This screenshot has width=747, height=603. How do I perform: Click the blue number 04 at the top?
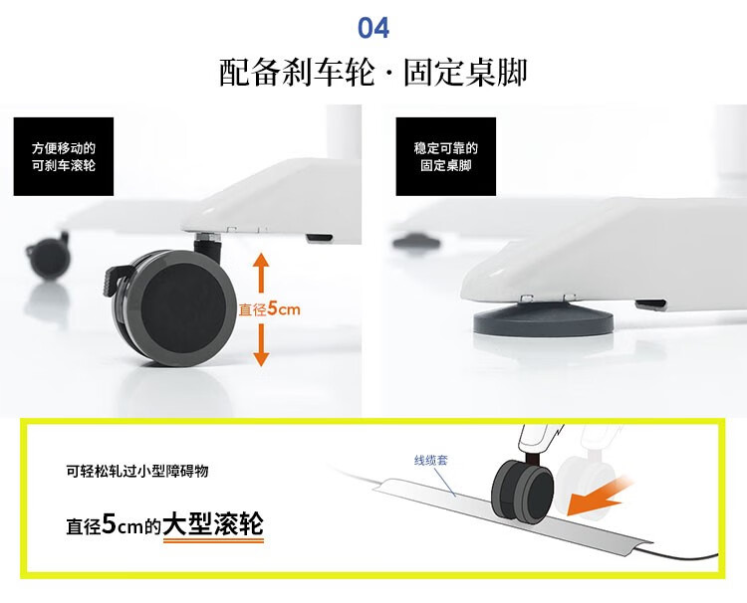click(x=373, y=28)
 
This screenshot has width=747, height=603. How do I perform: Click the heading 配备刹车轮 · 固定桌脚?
click(x=373, y=73)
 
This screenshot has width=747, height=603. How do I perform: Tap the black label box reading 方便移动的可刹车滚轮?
click(x=64, y=156)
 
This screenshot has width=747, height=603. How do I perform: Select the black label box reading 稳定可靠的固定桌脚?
click(x=446, y=156)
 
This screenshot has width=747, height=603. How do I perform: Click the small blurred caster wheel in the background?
click(x=49, y=256)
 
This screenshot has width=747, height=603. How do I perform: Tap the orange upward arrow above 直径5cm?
click(x=261, y=273)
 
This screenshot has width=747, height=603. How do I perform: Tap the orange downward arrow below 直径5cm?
click(x=261, y=344)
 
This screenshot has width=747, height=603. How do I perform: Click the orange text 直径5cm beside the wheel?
click(x=270, y=308)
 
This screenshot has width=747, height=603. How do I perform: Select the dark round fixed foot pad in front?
click(x=544, y=318)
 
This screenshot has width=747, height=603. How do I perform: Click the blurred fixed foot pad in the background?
click(x=416, y=241)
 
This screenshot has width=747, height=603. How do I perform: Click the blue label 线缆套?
click(x=431, y=461)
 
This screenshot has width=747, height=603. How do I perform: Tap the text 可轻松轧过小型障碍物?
click(x=137, y=472)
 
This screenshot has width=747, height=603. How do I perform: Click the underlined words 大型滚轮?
click(x=213, y=524)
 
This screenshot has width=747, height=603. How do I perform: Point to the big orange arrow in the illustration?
click(x=598, y=497)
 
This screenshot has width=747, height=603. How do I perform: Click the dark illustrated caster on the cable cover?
click(x=523, y=492)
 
